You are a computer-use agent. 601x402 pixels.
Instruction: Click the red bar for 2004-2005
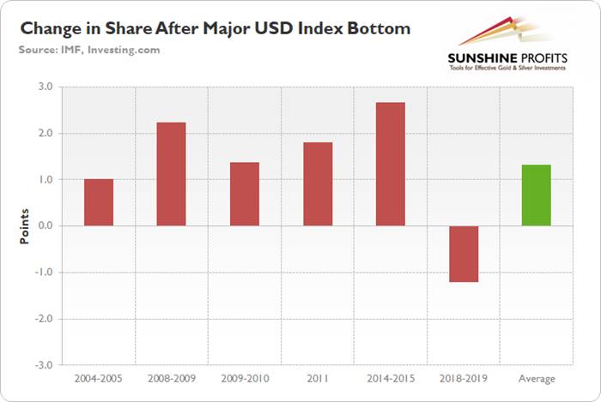tap(98, 202)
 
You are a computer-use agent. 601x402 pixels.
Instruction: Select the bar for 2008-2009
tap(171, 174)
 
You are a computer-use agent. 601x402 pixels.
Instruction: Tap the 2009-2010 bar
tap(245, 194)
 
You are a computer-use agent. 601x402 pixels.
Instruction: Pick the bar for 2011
tap(318, 183)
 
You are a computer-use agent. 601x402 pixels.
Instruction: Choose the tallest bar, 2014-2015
tap(390, 164)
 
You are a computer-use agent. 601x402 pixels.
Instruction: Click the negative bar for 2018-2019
tap(464, 254)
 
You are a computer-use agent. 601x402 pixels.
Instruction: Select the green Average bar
tap(537, 195)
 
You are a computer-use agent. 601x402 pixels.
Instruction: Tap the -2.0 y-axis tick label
tap(43, 319)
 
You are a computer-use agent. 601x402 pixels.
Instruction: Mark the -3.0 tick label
tap(43, 365)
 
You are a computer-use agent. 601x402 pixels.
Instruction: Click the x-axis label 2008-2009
tap(171, 379)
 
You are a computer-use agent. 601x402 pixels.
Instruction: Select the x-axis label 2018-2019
tap(464, 379)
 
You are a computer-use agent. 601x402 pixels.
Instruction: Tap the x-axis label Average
tap(537, 379)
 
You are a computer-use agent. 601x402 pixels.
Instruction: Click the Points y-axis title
tap(25, 226)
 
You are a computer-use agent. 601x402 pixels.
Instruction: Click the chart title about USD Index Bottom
tap(216, 28)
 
